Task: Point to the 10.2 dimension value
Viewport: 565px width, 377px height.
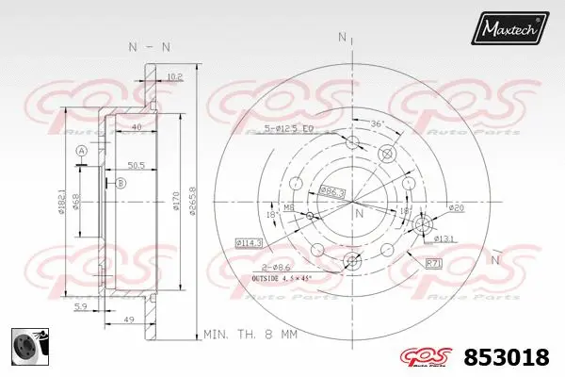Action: click(174, 77)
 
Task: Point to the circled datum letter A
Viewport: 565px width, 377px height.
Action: click(82, 152)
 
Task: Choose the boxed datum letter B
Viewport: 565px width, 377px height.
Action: click(120, 184)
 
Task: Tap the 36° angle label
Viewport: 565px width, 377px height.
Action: click(377, 123)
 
